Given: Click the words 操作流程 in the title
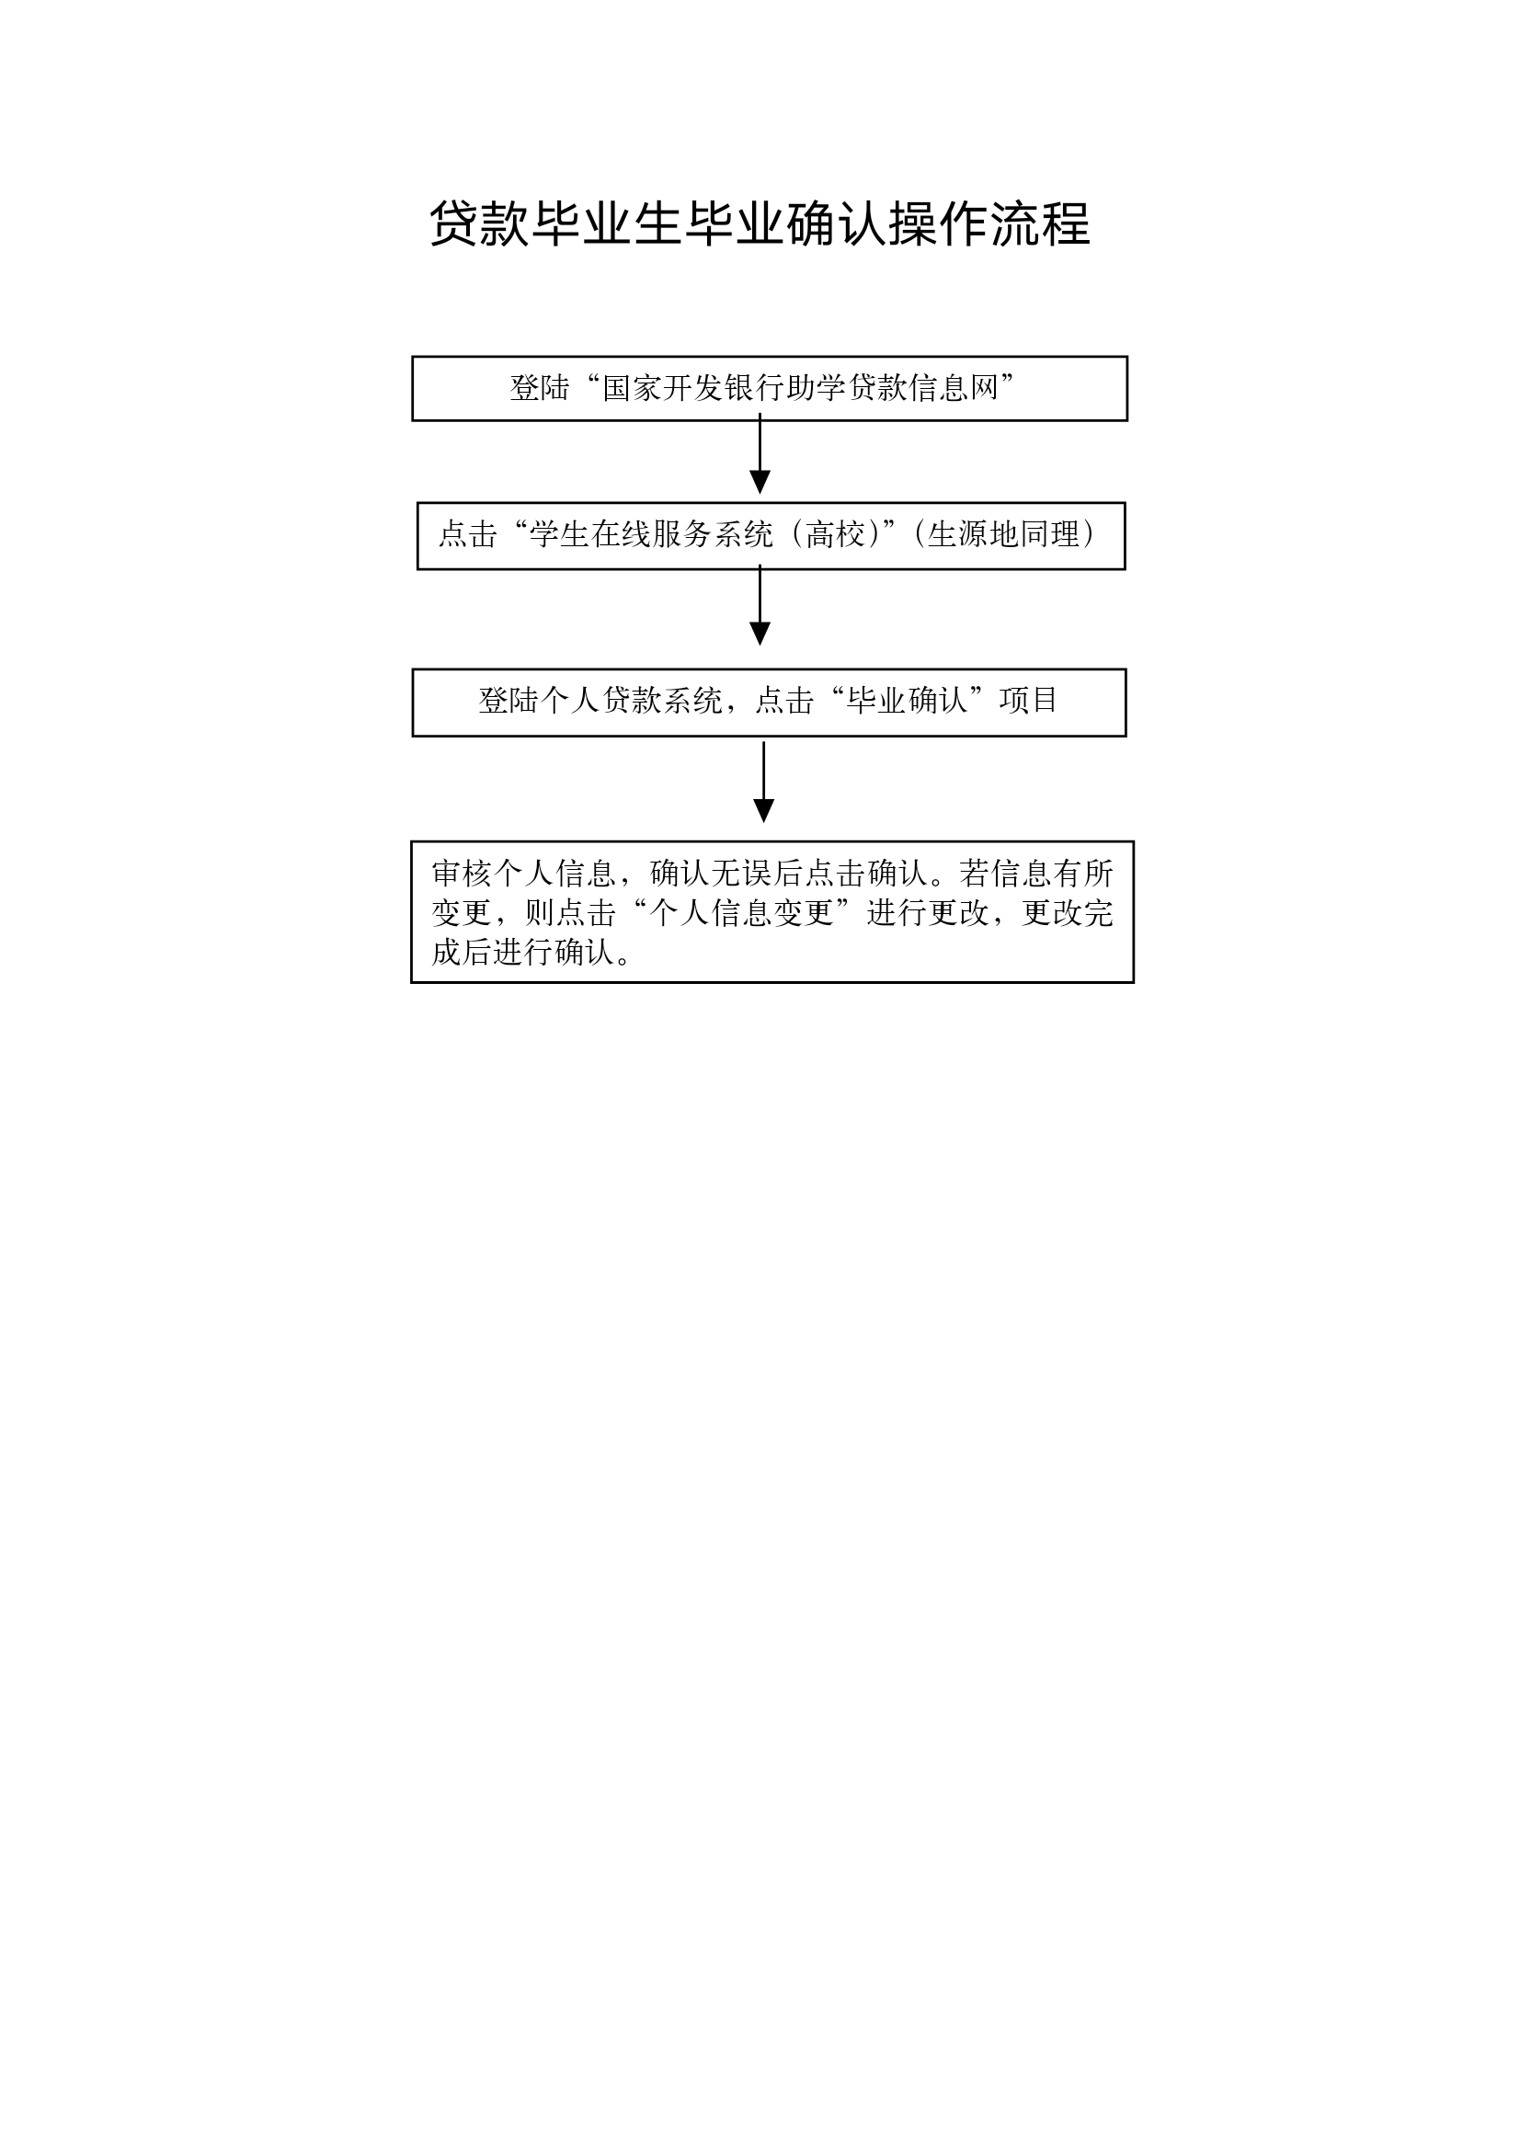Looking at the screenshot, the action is [989, 224].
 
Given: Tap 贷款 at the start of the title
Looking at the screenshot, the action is [479, 224].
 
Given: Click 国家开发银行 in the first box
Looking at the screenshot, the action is [692, 388].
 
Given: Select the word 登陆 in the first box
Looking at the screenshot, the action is [539, 388].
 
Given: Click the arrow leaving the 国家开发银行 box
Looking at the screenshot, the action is [760, 454].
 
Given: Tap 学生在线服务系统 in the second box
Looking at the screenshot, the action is [651, 534].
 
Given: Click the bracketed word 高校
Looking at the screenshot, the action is [835, 534].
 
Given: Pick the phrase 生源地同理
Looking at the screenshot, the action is [1003, 534].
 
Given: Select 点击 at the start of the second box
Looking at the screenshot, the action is [468, 534].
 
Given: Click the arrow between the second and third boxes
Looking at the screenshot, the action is [760, 605].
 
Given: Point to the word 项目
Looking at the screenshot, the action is [1029, 700].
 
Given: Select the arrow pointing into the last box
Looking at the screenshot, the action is [764, 783].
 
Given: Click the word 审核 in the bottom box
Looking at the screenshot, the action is [462, 874].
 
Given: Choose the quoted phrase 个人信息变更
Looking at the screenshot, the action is [742, 912].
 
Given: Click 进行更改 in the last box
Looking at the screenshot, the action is [928, 912].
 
